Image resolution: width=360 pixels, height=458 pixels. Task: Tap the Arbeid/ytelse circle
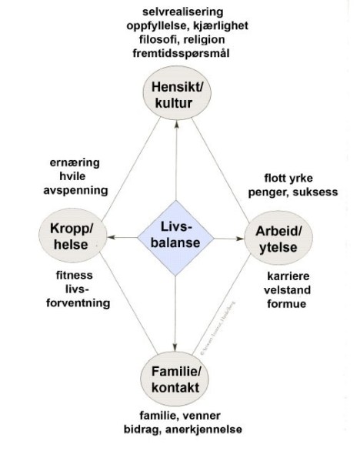point(278,239)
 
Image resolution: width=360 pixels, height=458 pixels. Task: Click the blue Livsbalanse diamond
point(175,236)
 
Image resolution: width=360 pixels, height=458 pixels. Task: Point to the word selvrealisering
point(183,12)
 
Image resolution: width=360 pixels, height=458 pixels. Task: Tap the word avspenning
point(75,190)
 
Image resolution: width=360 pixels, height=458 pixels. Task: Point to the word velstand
point(287,289)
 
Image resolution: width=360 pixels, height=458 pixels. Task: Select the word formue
point(287,303)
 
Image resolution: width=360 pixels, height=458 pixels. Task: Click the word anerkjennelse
point(202,428)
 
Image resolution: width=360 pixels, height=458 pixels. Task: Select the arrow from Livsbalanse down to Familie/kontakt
point(175,308)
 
